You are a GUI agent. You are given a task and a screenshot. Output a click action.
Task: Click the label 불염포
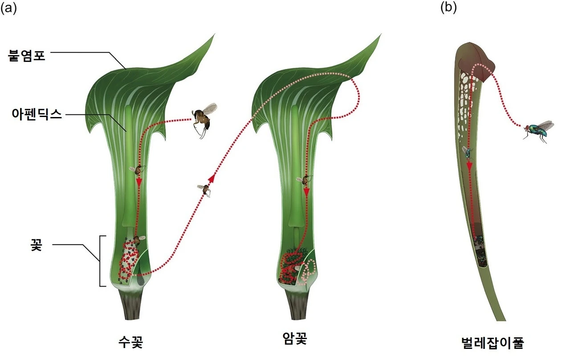tap(27, 56)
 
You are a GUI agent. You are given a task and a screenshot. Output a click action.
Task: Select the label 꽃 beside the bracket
tap(36, 246)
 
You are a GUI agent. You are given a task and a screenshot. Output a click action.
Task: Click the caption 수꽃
tap(130, 342)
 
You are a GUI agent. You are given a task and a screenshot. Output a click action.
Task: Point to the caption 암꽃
tap(295, 340)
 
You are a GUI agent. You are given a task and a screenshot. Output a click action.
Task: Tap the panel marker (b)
tap(448, 7)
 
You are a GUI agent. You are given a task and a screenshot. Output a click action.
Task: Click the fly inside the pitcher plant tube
tap(468, 153)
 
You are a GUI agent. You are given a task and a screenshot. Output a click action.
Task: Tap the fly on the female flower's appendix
tap(305, 179)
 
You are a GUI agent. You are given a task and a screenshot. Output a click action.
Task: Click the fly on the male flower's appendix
tap(138, 169)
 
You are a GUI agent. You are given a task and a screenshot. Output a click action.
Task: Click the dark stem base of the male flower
tap(132, 306)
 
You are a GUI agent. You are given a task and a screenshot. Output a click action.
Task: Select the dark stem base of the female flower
tap(297, 306)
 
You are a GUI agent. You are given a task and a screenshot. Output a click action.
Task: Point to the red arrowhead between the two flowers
tap(212, 178)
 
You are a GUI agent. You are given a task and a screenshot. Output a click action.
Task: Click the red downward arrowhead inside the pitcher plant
tap(469, 166)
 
